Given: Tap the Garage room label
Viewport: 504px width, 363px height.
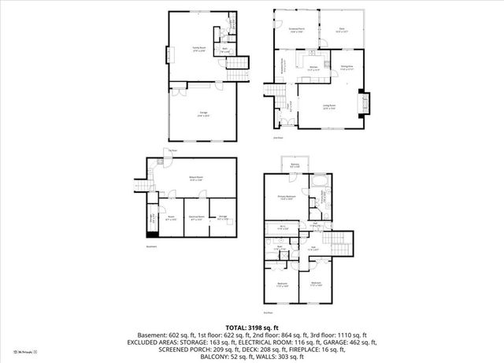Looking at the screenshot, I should (x=203, y=115).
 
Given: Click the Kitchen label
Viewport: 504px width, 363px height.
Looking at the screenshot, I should (x=313, y=69).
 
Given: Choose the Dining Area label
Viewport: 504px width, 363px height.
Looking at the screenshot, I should (x=346, y=68).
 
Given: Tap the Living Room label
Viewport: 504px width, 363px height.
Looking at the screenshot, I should (x=329, y=107).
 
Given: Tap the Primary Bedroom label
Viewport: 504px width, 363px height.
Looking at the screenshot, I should (x=286, y=197).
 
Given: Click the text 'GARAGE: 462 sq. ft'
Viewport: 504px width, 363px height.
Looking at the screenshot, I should (x=350, y=343).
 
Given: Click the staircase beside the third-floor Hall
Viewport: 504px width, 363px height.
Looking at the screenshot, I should (x=340, y=245).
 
